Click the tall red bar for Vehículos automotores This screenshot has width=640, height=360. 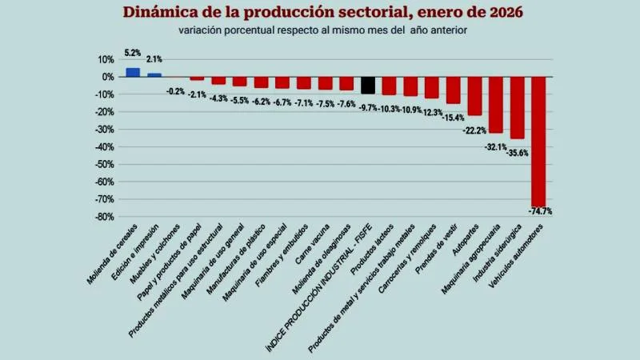(538, 142)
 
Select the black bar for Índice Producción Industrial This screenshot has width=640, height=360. (368, 85)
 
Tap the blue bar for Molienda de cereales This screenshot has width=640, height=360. (133, 72)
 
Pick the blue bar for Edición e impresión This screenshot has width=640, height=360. (154, 74)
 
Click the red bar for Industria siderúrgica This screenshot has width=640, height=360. (518, 107)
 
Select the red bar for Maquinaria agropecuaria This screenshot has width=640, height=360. (496, 105)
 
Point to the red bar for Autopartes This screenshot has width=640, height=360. (474, 96)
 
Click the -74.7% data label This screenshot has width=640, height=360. (541, 211)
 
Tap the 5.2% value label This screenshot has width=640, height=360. (133, 53)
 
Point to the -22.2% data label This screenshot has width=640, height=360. (475, 130)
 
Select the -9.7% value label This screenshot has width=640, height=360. (367, 107)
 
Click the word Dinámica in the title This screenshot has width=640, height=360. (163, 13)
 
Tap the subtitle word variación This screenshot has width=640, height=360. (201, 30)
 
